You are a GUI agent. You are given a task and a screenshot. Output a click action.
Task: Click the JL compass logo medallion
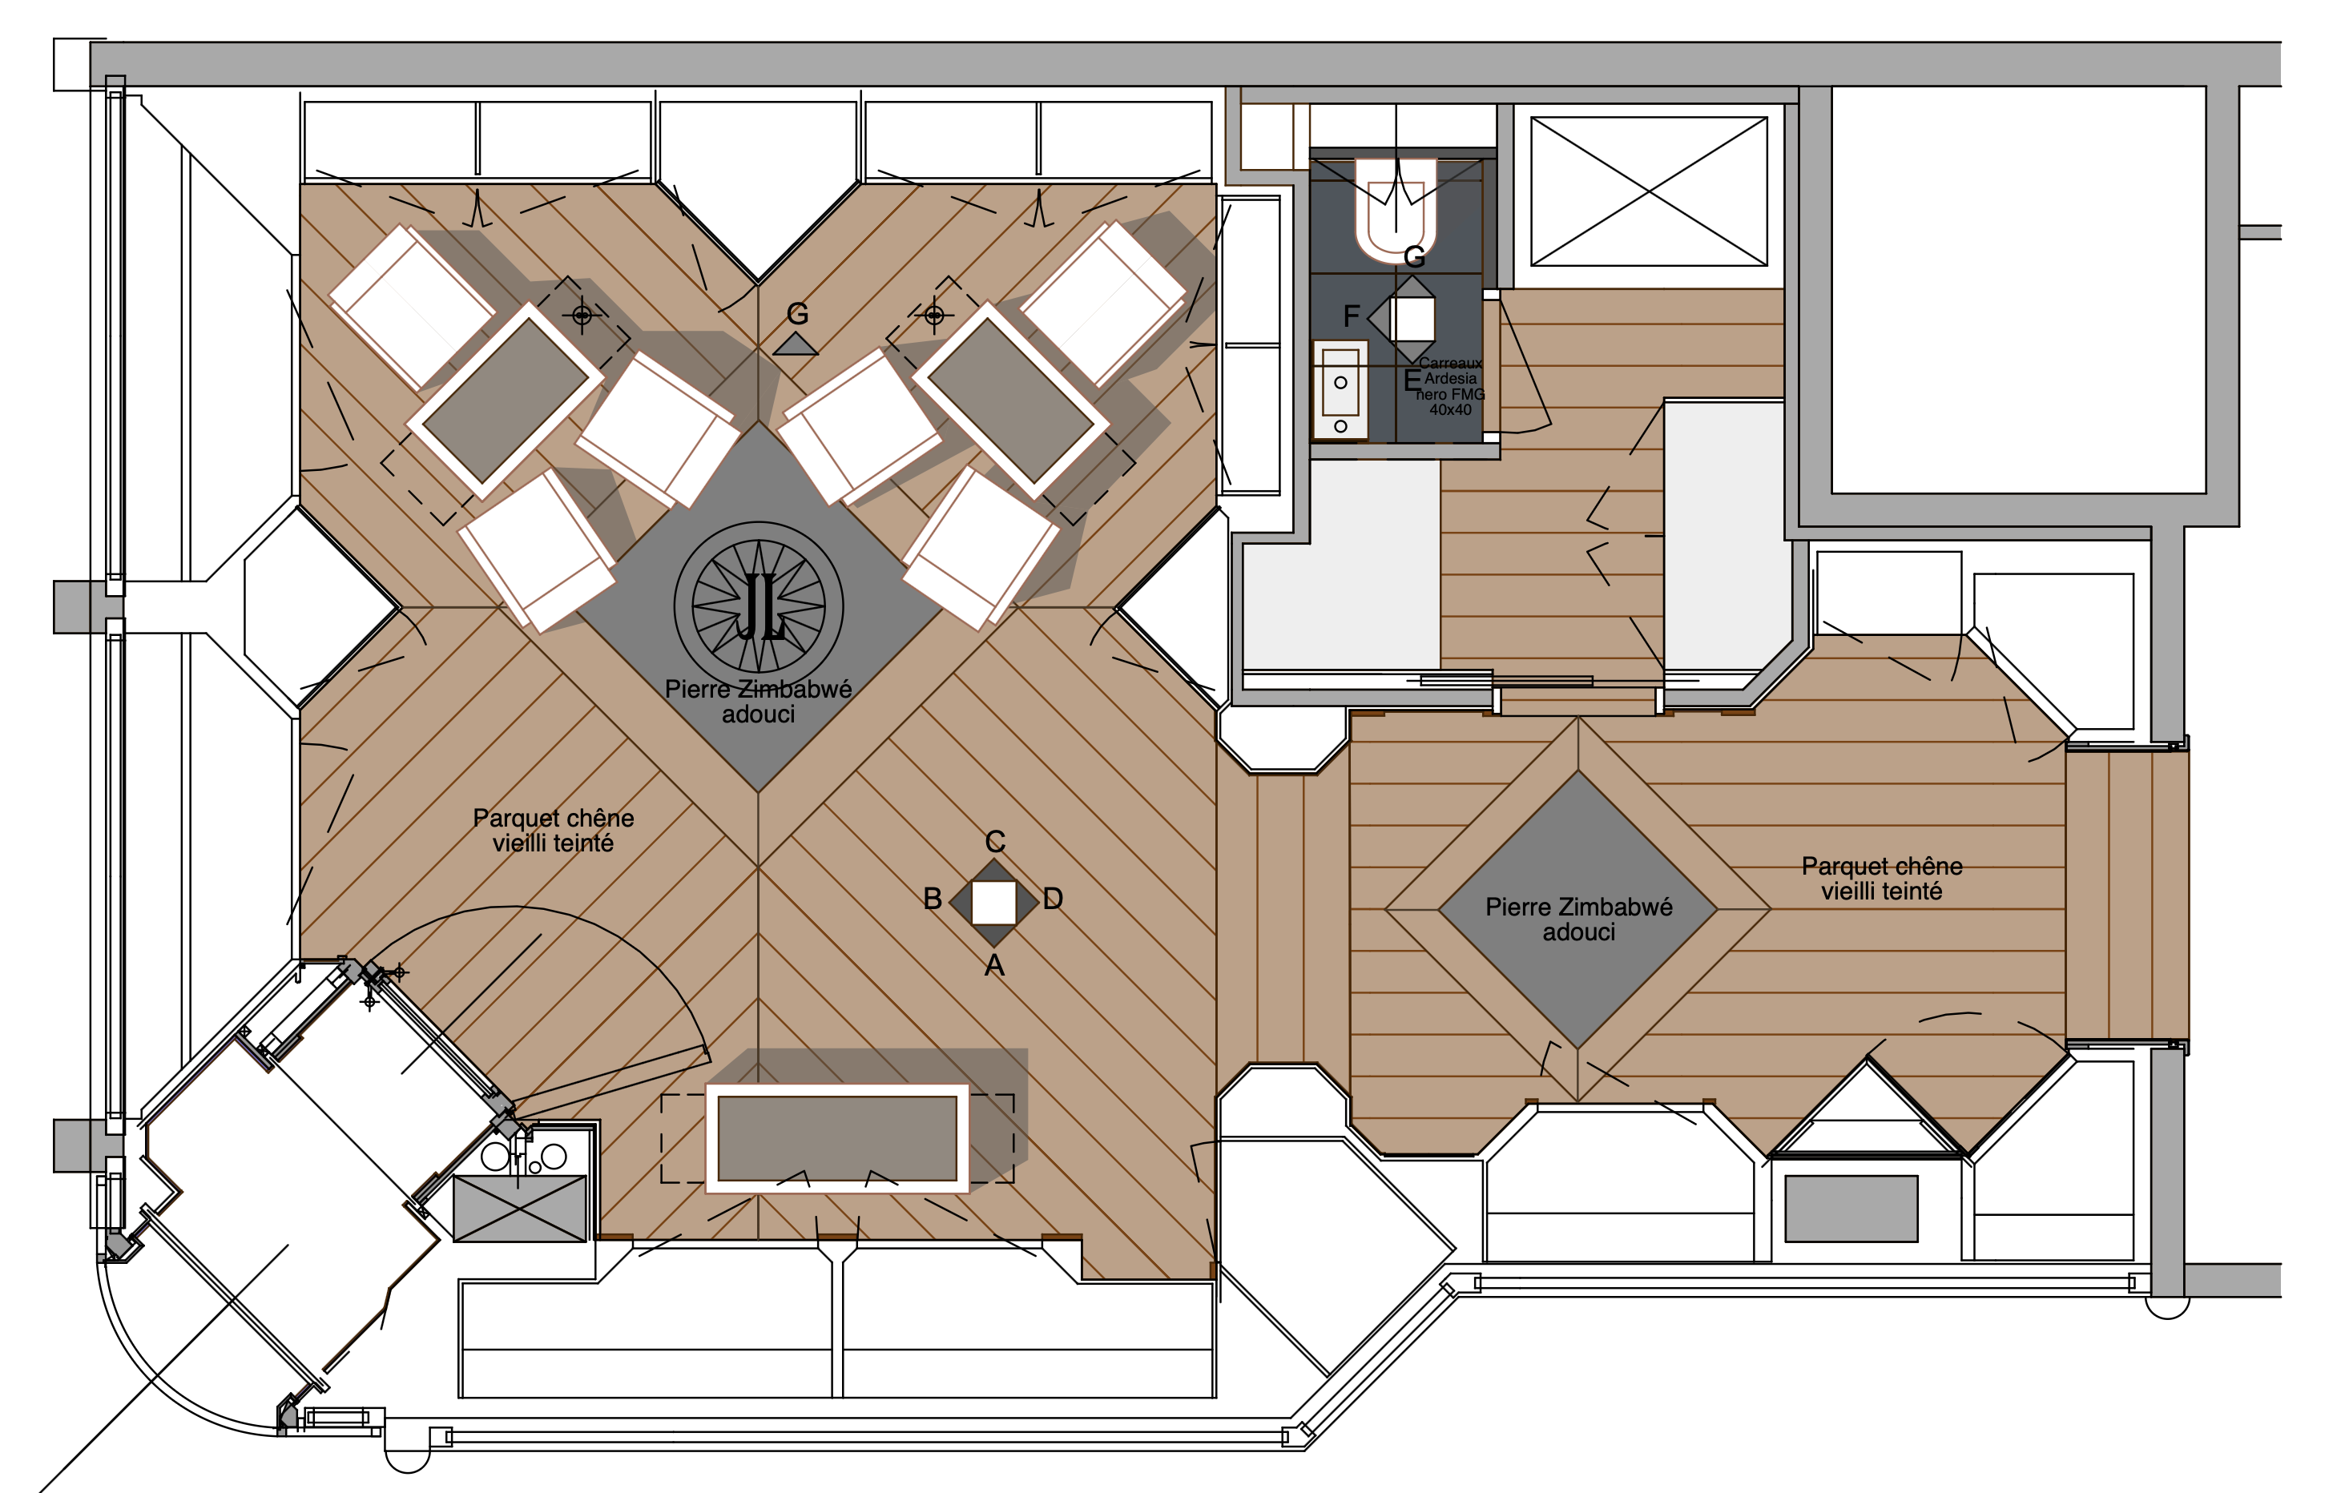pyautogui.click(x=758, y=606)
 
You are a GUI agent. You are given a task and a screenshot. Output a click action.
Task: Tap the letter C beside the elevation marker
pyautogui.click(x=994, y=841)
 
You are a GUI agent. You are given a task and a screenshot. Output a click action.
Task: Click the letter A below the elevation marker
pyautogui.click(x=993, y=965)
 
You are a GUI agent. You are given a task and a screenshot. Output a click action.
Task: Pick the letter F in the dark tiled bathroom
pyautogui.click(x=1352, y=316)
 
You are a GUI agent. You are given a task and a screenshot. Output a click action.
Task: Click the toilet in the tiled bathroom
pyautogui.click(x=1397, y=210)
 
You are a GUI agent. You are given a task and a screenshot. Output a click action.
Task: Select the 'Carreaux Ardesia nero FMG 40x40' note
pyautogui.click(x=1449, y=386)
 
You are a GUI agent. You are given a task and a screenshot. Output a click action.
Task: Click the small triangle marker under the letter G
pyautogui.click(x=796, y=344)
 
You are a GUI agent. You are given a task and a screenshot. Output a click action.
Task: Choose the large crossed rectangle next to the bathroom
pyautogui.click(x=1649, y=191)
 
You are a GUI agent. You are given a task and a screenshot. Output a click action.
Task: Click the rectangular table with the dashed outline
pyautogui.click(x=837, y=1138)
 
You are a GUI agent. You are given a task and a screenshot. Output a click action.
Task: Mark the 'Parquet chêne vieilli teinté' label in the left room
pyautogui.click(x=553, y=830)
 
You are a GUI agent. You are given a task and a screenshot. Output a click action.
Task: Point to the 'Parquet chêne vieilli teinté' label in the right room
pyautogui.click(x=1881, y=879)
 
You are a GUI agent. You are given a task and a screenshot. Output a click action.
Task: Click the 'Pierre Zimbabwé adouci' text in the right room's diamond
pyautogui.click(x=1579, y=920)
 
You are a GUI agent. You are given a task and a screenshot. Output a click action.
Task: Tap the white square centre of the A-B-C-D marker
pyautogui.click(x=993, y=902)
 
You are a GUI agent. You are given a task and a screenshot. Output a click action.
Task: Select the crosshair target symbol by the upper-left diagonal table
pyautogui.click(x=582, y=315)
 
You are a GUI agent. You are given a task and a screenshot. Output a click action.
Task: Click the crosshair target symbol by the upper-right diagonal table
pyautogui.click(x=933, y=315)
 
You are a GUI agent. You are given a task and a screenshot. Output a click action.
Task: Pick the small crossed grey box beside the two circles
pyautogui.click(x=520, y=1208)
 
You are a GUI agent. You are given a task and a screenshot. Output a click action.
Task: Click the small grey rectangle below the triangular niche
pyautogui.click(x=1851, y=1208)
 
